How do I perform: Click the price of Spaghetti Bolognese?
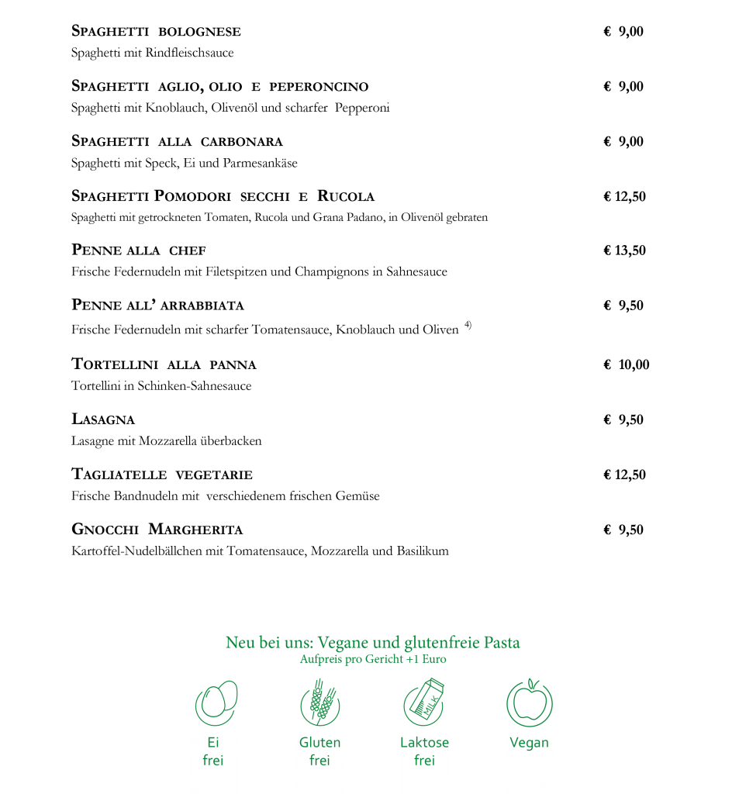(623, 31)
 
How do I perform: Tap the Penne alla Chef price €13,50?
(624, 250)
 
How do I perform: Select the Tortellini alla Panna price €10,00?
(627, 364)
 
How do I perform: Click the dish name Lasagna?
(103, 419)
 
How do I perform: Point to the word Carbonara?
(242, 142)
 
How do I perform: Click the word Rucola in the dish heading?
(346, 196)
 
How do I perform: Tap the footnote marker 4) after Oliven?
(468, 325)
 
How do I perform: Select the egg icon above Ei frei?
(216, 703)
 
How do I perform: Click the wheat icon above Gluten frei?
(320, 703)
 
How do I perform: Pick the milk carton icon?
(424, 702)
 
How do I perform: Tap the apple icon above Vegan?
(529, 703)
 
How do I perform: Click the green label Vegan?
(529, 743)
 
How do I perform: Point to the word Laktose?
(424, 742)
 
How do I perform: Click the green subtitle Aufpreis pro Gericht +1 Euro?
(373, 659)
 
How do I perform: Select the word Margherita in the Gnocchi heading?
(195, 529)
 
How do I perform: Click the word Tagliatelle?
(119, 475)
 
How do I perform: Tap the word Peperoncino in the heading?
(319, 87)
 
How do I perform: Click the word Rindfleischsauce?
(189, 53)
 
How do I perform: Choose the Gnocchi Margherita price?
(623, 530)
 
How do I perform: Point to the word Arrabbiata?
(202, 306)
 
